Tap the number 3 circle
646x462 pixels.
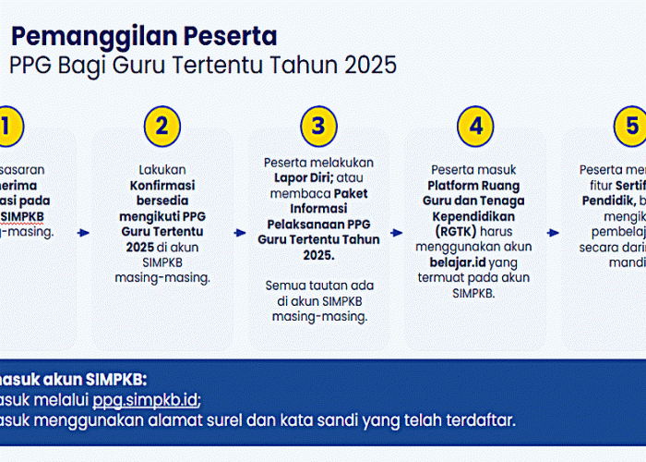click(318, 127)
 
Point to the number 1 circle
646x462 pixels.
click(7, 127)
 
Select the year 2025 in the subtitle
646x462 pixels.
click(366, 66)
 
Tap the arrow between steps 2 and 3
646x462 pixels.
click(240, 234)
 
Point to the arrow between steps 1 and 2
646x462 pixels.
click(84, 234)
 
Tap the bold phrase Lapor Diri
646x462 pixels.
click(292, 178)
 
